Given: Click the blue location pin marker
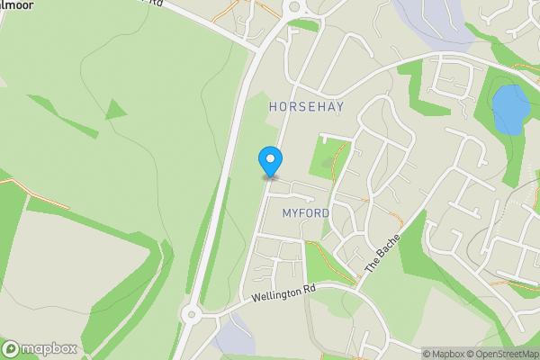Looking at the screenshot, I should pos(270,161).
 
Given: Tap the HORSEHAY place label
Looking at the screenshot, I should pos(306,106).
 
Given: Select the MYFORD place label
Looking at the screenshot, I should pos(306,212).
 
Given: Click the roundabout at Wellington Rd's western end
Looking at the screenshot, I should pos(191,315).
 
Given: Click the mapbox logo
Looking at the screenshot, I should pos(40,348).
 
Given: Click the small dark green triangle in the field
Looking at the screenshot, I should pos(115,110).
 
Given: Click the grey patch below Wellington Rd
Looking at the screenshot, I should pos(234,338).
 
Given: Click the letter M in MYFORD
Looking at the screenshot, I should pos(287,212).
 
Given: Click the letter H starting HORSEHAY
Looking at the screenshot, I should pos(274,106).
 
